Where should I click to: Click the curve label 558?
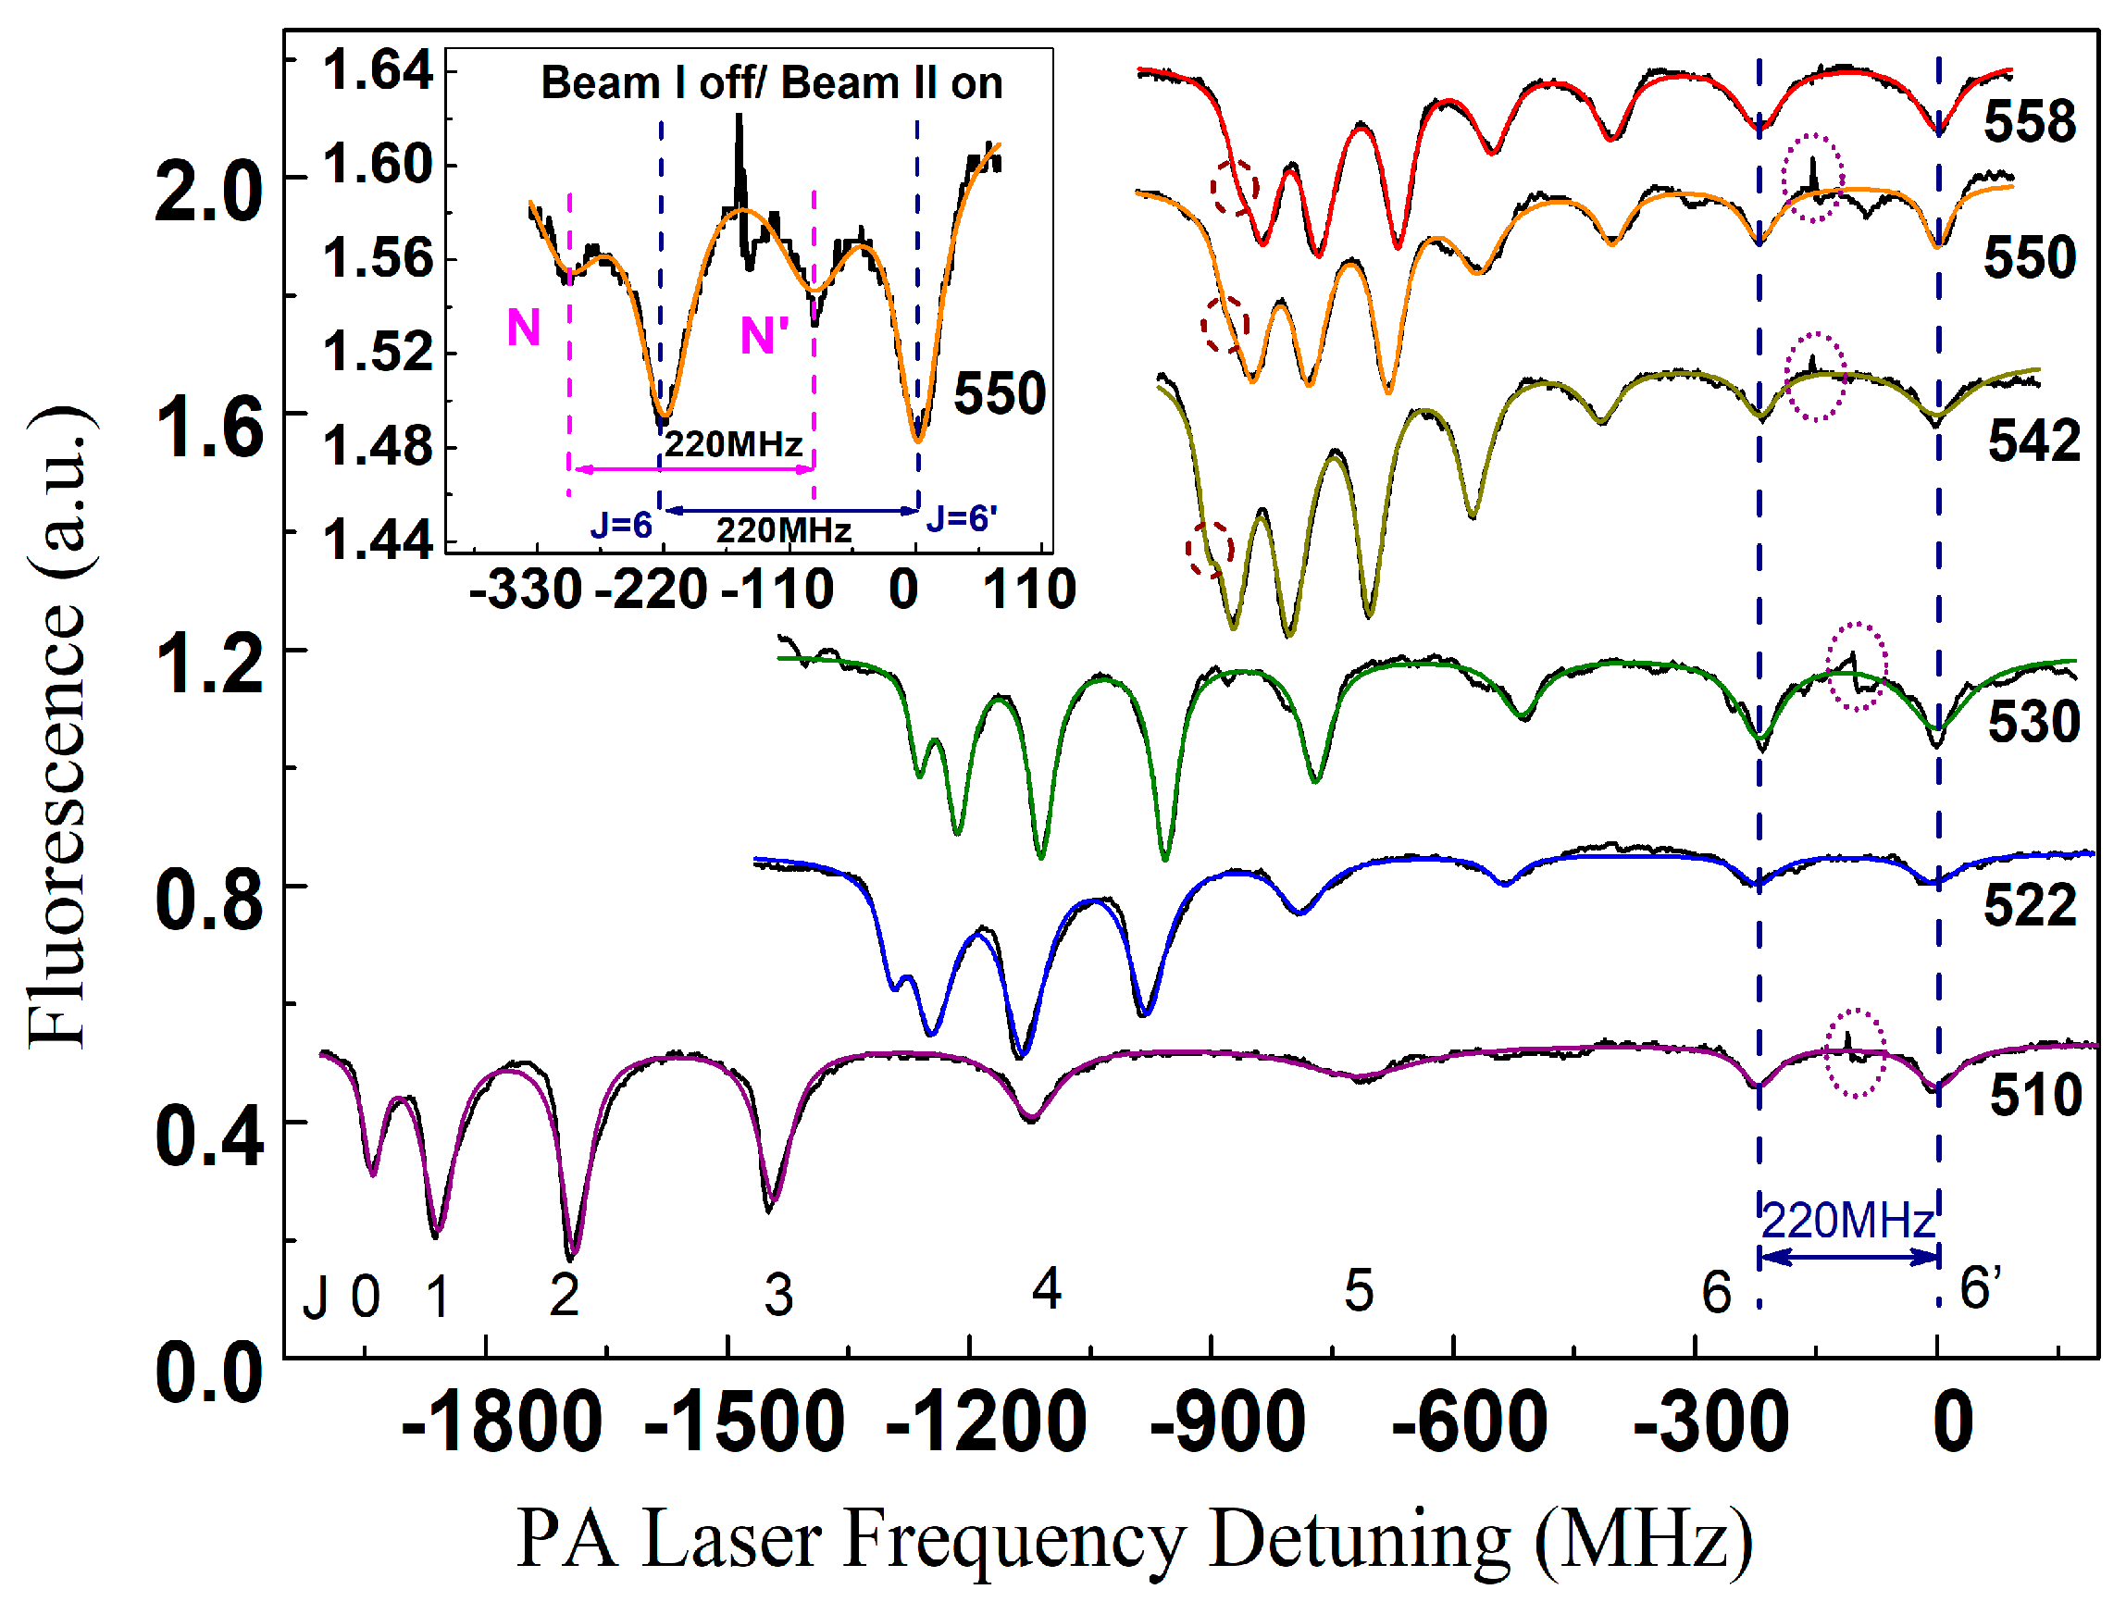point(2029,123)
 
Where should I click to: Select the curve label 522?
point(2029,906)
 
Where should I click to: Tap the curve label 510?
point(2034,1096)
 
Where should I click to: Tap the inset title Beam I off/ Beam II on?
point(771,83)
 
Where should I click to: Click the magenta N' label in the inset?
point(765,336)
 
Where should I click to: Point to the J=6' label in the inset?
point(961,519)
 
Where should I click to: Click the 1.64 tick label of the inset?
point(377,71)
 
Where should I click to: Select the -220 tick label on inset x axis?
point(651,590)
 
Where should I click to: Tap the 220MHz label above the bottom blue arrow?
point(1847,1222)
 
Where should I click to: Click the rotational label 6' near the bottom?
point(1980,1288)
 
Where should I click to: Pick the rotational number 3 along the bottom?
point(778,1297)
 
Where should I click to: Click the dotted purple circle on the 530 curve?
point(1856,666)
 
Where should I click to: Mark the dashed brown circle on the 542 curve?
point(1209,550)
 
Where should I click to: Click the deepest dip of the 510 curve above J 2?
point(572,1255)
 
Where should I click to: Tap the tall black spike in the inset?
point(740,154)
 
